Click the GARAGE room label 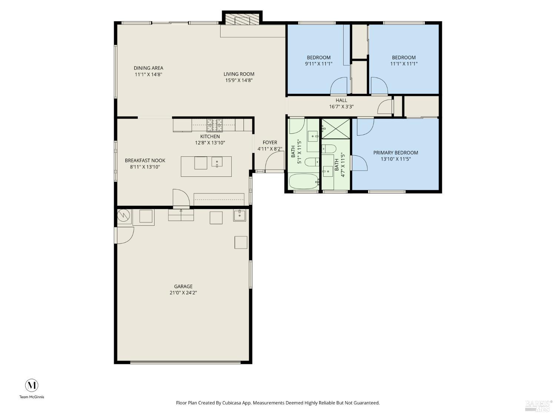tap(183, 287)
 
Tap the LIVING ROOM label tap(239, 74)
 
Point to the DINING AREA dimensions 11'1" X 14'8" tap(148, 75)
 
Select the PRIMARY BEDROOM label tap(396, 153)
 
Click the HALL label tap(341, 100)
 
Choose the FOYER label tap(270, 143)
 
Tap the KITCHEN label tap(210, 136)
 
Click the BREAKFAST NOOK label tap(145, 160)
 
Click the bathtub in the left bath tap(304, 181)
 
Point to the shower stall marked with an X tap(335, 129)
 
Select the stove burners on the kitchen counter tap(215, 125)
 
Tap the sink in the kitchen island tap(217, 162)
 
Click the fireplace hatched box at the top tap(242, 19)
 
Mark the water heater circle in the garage tap(123, 215)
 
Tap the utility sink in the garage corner tap(239, 215)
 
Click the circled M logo tap(32, 385)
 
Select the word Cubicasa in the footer tap(232, 403)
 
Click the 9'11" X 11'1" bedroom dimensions tap(319, 64)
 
